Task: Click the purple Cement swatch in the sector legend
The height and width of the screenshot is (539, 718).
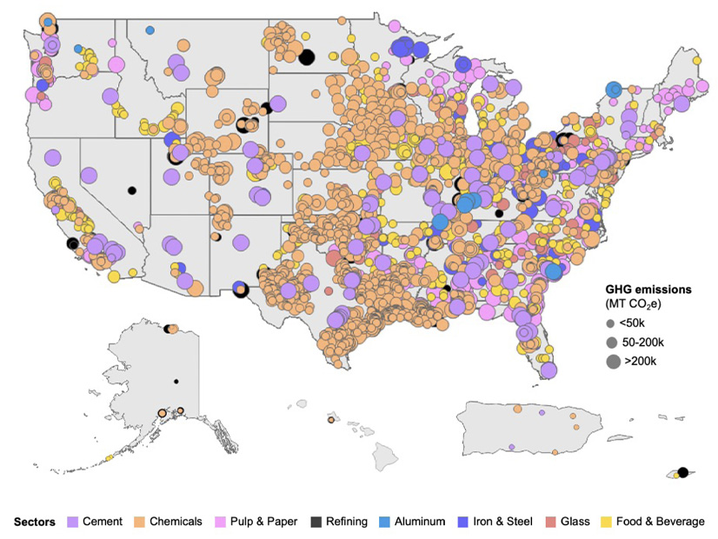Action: click(74, 522)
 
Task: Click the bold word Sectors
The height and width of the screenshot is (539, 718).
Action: click(35, 522)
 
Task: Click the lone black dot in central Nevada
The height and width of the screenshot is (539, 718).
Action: click(132, 190)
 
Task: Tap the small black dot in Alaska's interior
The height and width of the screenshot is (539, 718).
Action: click(176, 382)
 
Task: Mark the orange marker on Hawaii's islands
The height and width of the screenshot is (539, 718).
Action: click(330, 420)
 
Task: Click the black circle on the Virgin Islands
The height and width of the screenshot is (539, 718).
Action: click(682, 472)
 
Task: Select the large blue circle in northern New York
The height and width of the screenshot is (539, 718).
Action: click(614, 89)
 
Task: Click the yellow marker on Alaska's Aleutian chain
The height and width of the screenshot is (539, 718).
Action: click(110, 457)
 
